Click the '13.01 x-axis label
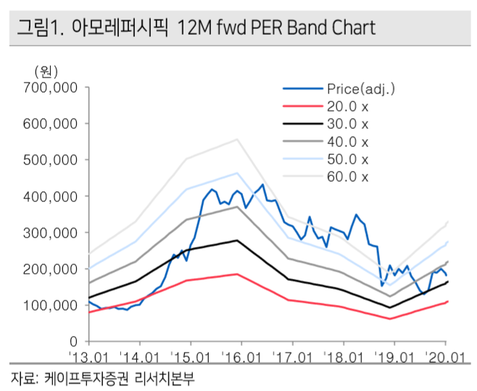[x=88, y=356]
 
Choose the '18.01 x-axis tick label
[x=344, y=356]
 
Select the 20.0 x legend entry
[x=348, y=106]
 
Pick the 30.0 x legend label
[x=348, y=124]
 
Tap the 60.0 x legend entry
[x=348, y=177]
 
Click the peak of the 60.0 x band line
[x=237, y=139]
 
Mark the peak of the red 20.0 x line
[x=237, y=274]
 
